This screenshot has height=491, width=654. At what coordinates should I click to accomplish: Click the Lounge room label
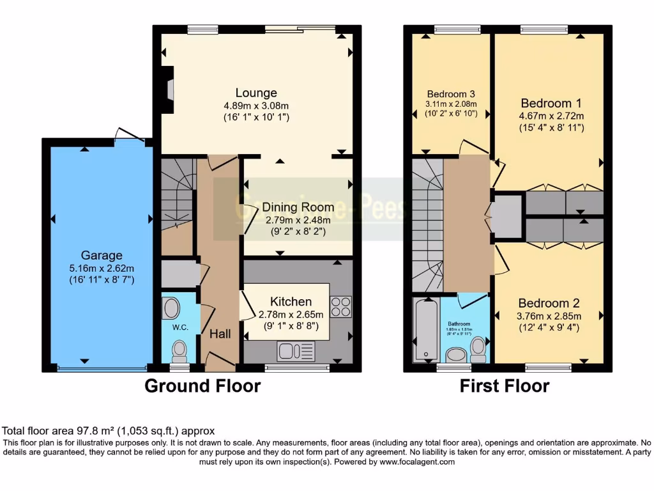(x=256, y=93)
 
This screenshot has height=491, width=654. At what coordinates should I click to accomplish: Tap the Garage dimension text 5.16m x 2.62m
(x=102, y=268)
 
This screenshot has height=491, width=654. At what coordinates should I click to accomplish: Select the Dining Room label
(x=298, y=207)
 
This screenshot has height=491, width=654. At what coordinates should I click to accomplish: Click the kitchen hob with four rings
(x=340, y=307)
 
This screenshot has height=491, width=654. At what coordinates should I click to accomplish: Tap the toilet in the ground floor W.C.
(x=179, y=350)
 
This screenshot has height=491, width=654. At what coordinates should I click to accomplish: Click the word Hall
(x=220, y=334)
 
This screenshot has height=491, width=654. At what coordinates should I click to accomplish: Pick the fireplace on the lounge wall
(x=167, y=90)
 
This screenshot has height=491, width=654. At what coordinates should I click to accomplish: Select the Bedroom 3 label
(x=451, y=94)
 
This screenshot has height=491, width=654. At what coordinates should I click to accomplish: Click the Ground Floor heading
(x=202, y=386)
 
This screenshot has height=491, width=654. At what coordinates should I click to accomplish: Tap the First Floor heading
(x=505, y=386)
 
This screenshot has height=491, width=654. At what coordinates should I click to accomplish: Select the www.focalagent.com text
(x=417, y=462)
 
